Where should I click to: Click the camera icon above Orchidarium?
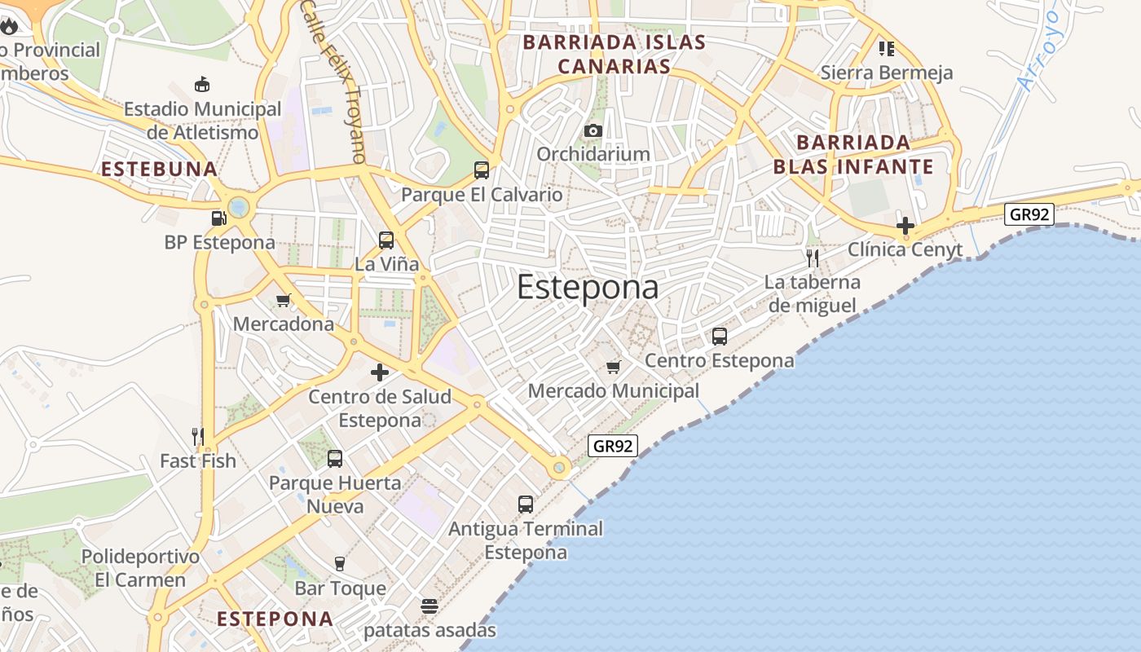[593, 130]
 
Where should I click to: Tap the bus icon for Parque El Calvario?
[482, 170]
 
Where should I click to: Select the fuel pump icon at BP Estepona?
[218, 218]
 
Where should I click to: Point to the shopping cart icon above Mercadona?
[284, 300]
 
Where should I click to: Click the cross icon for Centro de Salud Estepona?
[380, 372]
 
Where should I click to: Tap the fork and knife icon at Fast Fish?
[197, 437]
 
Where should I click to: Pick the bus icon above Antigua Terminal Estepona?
[526, 504]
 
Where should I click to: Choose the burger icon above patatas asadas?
[430, 606]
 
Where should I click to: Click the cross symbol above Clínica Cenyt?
[905, 226]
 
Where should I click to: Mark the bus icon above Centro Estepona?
[720, 337]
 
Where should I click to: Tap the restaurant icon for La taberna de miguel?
[812, 258]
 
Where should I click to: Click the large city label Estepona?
[588, 287]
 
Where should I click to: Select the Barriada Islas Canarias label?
[614, 54]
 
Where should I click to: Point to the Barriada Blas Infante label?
[853, 155]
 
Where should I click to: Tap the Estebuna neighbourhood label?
[160, 170]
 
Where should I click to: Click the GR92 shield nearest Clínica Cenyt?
[1030, 214]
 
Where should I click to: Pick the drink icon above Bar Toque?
[340, 564]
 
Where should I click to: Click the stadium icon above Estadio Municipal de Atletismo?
[202, 84]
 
